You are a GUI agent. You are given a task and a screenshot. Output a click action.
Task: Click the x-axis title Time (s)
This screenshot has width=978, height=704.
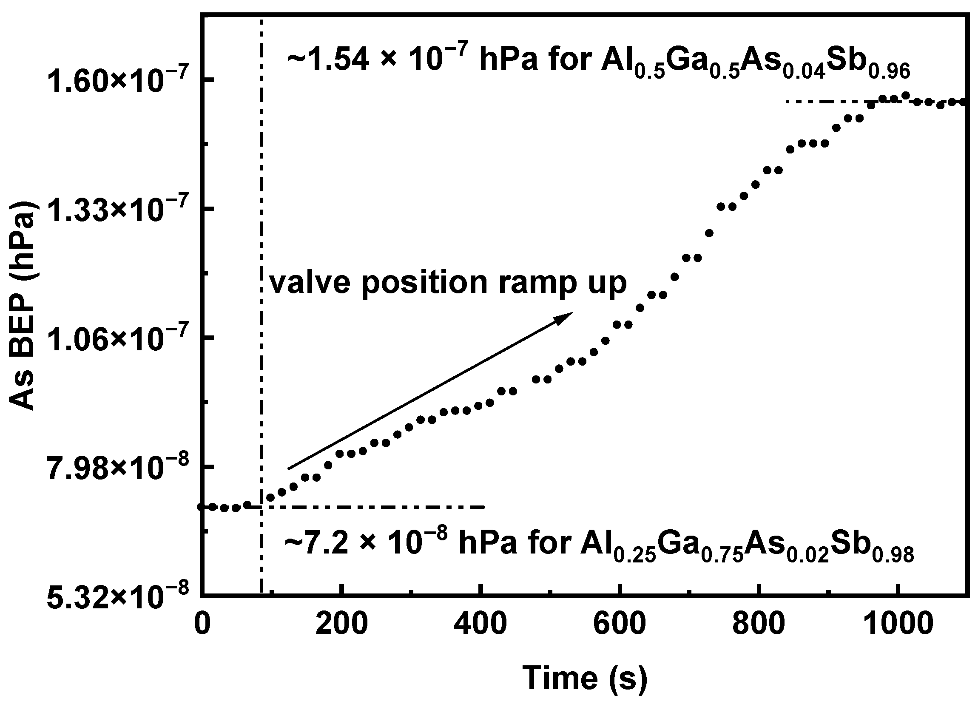tap(585, 677)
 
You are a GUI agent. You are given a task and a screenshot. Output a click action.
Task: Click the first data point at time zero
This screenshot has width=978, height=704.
tap(201, 507)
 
